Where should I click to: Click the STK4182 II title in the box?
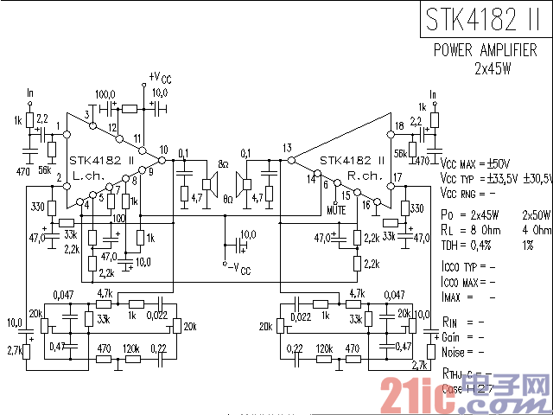point(485,19)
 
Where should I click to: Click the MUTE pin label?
point(337,209)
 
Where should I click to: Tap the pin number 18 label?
point(398,127)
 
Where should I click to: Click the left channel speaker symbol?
point(208,182)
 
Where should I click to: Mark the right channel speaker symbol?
point(244,182)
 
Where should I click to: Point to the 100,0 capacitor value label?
point(105,93)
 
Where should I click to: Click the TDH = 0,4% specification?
point(469,245)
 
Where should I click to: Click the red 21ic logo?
point(423,386)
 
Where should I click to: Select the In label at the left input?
point(31,93)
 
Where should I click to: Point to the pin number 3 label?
point(87,115)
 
